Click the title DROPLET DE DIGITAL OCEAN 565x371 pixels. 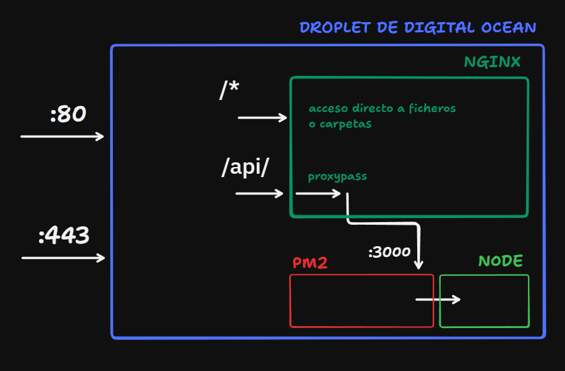click(418, 28)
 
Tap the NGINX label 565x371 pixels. click(492, 62)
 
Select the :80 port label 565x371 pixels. click(68, 114)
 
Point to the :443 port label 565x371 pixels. click(64, 235)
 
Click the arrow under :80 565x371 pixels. click(62, 136)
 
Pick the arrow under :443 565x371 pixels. click(63, 258)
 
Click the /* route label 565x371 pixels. click(229, 89)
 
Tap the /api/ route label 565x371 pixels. click(245, 167)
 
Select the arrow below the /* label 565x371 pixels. click(262, 117)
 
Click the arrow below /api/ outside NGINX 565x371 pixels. click(259, 194)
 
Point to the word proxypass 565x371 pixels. click(337, 176)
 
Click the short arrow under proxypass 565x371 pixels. click(318, 194)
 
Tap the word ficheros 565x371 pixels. click(433, 108)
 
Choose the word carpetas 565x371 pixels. click(345, 124)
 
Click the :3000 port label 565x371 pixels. click(390, 252)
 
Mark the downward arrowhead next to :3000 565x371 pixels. click(419, 266)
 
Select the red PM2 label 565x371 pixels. click(310, 263)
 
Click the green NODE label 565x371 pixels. click(501, 261)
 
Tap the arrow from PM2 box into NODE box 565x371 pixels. click(438, 299)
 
